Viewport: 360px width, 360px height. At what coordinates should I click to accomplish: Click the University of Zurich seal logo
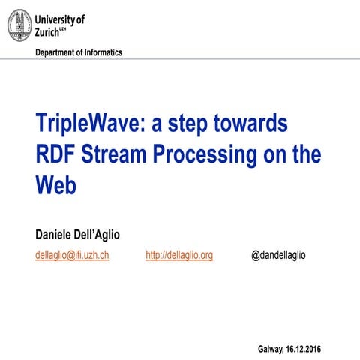pyautogui.click(x=20, y=26)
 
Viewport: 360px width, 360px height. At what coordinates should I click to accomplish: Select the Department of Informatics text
pyautogui.click(x=78, y=52)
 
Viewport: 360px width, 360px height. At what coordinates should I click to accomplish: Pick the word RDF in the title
pyautogui.click(x=55, y=154)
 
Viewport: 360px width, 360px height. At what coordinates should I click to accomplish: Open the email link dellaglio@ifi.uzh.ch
pyautogui.click(x=73, y=255)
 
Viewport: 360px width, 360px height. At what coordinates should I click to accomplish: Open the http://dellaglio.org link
pyautogui.click(x=179, y=255)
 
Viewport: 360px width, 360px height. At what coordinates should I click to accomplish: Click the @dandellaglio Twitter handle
pyautogui.click(x=278, y=255)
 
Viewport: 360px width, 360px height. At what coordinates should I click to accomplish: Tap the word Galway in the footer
pyautogui.click(x=271, y=349)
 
